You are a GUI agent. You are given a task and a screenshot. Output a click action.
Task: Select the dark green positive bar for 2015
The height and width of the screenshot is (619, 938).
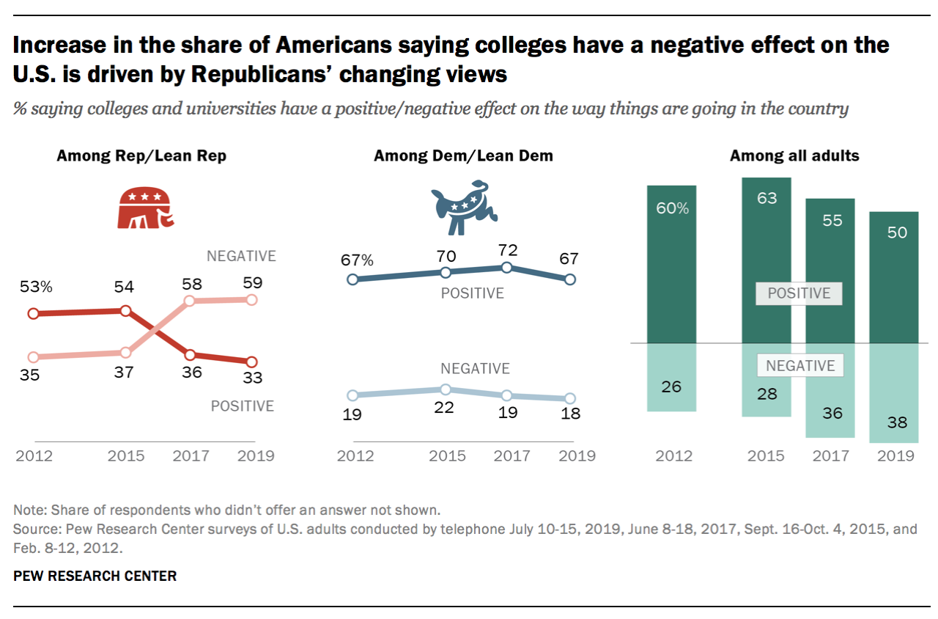pyautogui.click(x=767, y=260)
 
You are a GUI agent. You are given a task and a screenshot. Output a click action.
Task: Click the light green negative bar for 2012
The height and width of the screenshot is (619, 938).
pyautogui.click(x=671, y=377)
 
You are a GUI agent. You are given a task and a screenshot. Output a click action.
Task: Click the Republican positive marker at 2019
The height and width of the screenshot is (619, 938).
pyautogui.click(x=252, y=362)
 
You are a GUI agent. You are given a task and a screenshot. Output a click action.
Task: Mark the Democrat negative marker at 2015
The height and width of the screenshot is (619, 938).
pyautogui.click(x=446, y=389)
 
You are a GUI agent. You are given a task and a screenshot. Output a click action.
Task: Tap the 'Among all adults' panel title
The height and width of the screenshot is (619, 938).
pyautogui.click(x=794, y=156)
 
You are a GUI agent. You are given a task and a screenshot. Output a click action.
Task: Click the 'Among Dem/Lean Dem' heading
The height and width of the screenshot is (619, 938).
pyautogui.click(x=463, y=156)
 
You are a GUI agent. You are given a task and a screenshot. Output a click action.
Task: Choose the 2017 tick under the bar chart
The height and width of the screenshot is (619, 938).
pyautogui.click(x=830, y=456)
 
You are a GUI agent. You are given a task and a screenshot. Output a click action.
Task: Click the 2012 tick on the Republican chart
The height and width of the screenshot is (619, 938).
pyautogui.click(x=34, y=456)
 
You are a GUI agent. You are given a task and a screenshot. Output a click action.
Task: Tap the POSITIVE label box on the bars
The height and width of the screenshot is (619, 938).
pyautogui.click(x=799, y=293)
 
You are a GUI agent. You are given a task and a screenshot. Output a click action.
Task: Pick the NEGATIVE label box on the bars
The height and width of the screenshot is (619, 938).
pyautogui.click(x=800, y=365)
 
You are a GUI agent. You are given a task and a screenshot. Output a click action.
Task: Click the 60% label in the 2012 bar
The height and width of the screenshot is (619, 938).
pyautogui.click(x=671, y=208)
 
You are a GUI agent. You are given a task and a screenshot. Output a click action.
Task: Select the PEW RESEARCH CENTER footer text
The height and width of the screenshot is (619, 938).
pyautogui.click(x=95, y=576)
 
